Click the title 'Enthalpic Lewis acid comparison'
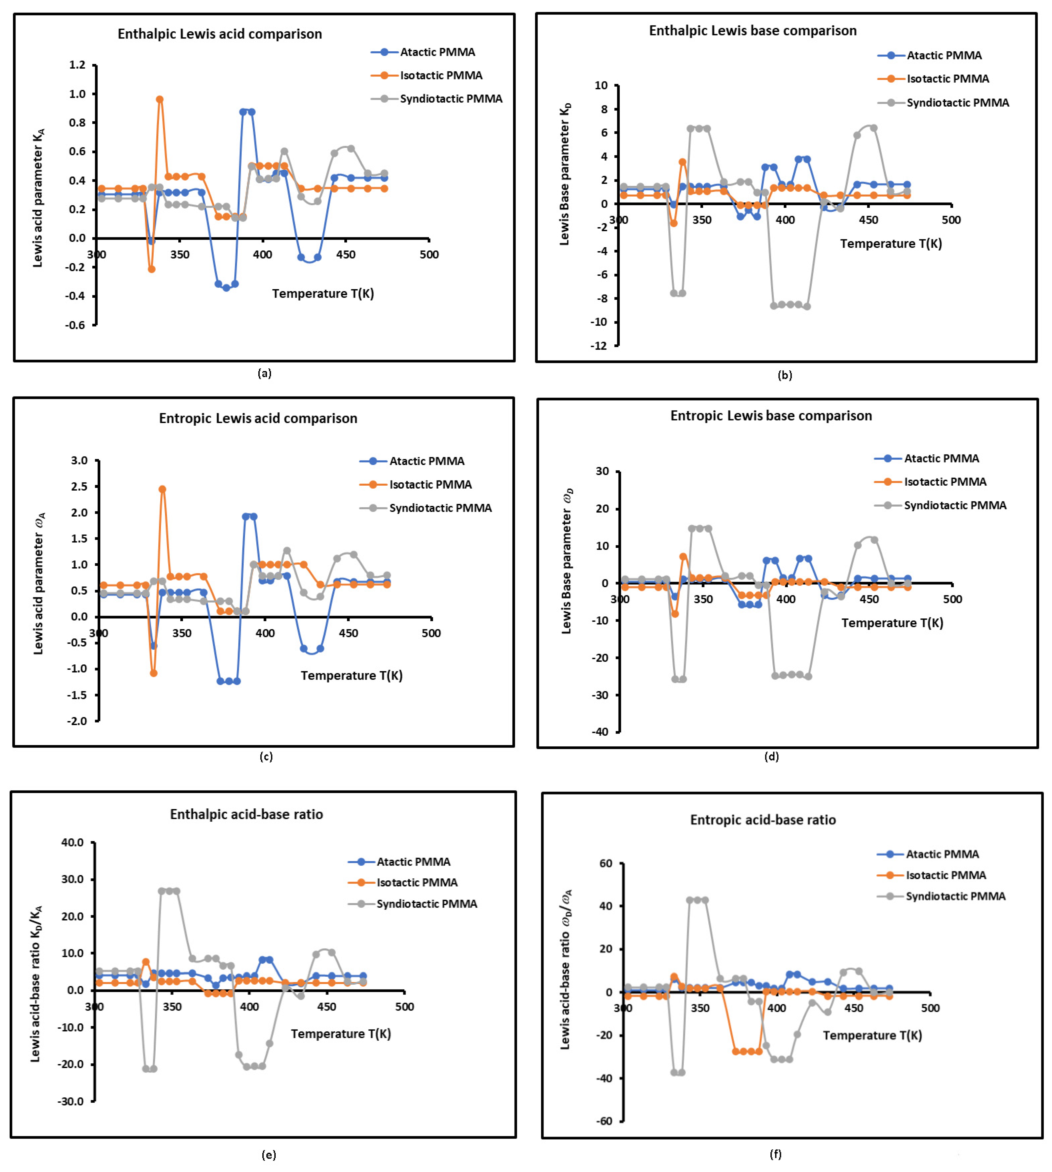220,34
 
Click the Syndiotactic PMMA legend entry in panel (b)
957,103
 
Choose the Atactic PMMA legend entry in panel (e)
413,862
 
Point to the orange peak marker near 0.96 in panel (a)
160,99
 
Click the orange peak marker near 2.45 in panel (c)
163,489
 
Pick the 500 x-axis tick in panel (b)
951,220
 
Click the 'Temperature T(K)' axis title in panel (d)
892,623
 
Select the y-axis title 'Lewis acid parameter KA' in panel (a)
38,198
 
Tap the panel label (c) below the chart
266,757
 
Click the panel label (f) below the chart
775,1154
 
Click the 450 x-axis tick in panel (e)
327,1007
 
